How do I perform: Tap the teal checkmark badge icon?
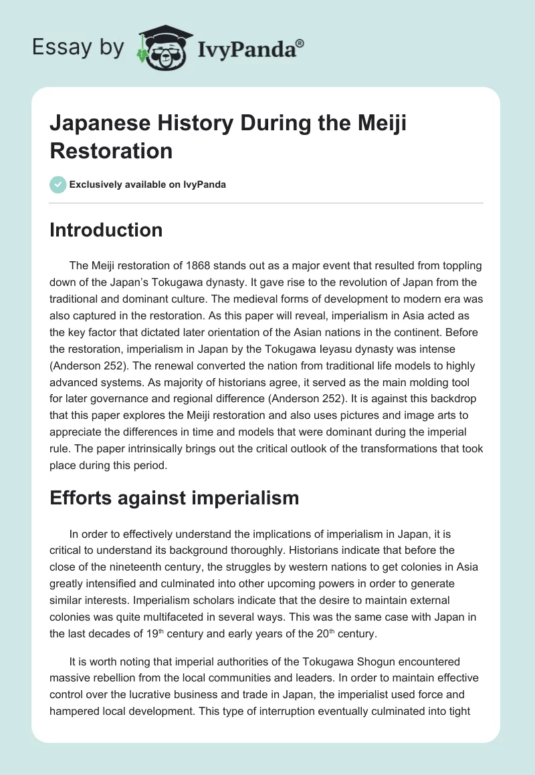[58, 184]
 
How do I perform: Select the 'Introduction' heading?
[106, 230]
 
